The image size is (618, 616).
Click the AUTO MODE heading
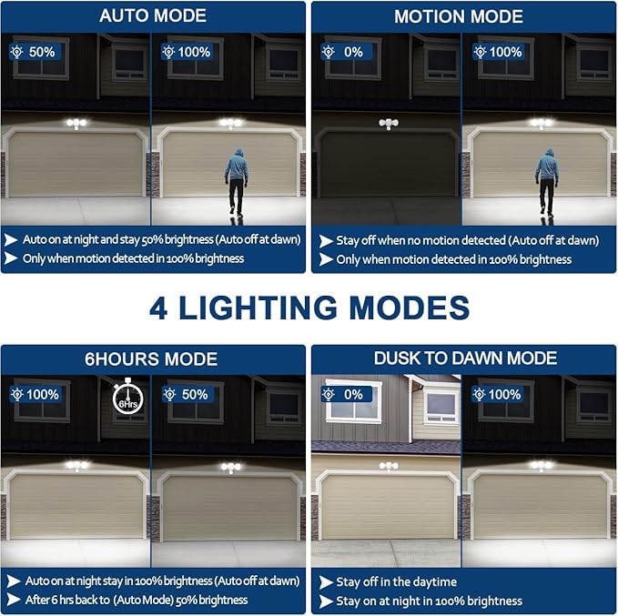pos(153,16)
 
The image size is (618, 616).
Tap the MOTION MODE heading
pos(458,16)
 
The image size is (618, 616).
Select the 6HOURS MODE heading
pos(153,358)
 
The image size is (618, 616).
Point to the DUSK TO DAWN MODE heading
pos(464,358)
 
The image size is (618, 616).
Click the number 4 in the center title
pos(160,307)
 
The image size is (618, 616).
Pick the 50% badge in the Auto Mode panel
pos(35,52)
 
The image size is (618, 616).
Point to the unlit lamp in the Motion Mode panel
pos(389,124)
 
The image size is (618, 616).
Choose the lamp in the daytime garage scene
pos(390,467)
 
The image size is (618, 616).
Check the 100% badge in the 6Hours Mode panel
pos(36,394)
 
